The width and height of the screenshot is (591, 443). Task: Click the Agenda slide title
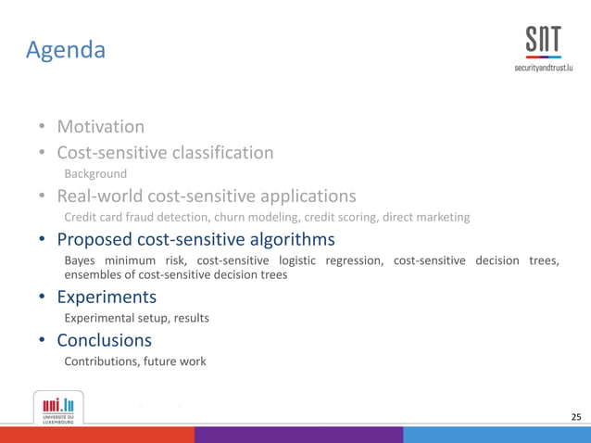click(65, 49)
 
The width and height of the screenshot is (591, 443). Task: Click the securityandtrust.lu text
click(544, 70)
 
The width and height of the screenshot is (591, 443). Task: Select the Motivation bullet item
click(100, 126)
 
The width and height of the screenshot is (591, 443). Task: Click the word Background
click(95, 173)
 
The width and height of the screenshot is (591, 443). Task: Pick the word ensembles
click(94, 274)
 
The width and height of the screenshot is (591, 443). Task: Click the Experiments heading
click(107, 297)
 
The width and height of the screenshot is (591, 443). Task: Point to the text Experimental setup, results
click(136, 318)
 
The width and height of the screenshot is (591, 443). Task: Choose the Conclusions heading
click(104, 340)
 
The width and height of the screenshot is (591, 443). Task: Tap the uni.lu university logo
click(58, 407)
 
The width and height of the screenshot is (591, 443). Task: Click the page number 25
click(576, 418)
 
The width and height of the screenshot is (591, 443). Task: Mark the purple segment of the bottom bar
click(298, 435)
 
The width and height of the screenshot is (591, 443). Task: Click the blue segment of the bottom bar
click(497, 435)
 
